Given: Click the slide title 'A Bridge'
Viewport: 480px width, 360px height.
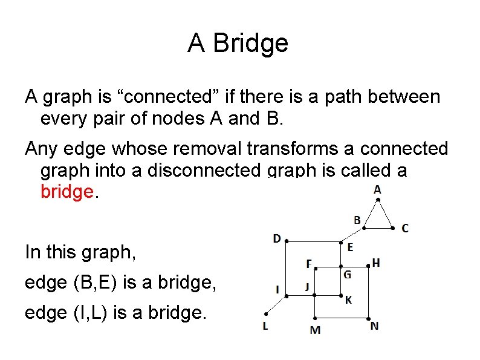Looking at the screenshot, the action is (x=238, y=44).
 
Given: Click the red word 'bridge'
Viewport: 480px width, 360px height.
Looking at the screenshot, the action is (x=67, y=192).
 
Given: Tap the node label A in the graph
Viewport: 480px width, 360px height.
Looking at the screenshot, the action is (x=377, y=190).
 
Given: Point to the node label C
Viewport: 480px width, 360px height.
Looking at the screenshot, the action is (x=405, y=228).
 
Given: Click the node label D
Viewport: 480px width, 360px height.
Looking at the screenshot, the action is (x=276, y=238).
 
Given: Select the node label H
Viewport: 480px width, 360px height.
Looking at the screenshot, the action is (x=377, y=263).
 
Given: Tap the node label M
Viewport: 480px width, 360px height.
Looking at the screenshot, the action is (x=315, y=330).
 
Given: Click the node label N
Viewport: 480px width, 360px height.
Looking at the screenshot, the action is (x=375, y=326).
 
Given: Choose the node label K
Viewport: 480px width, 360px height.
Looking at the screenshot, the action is (x=349, y=300).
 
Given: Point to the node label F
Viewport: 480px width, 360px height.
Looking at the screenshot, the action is (x=309, y=264).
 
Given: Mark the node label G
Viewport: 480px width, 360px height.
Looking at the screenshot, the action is (x=348, y=274).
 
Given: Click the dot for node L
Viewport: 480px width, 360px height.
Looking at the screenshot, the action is (x=266, y=313).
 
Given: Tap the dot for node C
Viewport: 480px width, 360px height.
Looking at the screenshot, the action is (x=394, y=228).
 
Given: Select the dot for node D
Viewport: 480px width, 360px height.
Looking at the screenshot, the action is (x=286, y=241).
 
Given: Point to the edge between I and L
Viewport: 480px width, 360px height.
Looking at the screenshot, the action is (x=276, y=304).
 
